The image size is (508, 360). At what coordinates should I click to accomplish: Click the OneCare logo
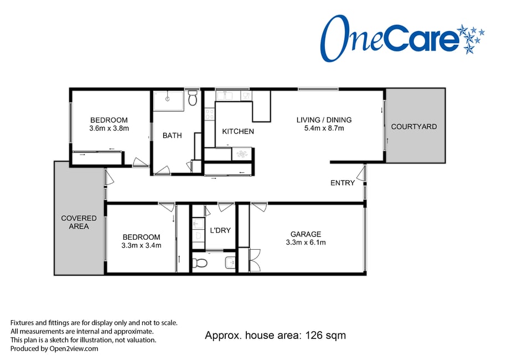pyautogui.click(x=402, y=38)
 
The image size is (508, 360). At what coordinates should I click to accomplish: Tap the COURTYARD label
pyautogui.click(x=414, y=126)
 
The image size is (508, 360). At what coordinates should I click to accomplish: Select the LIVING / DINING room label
pyautogui.click(x=324, y=120)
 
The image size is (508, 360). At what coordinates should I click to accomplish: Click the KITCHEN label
pyautogui.click(x=238, y=131)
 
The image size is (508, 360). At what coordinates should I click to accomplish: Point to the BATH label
pyautogui.click(x=172, y=135)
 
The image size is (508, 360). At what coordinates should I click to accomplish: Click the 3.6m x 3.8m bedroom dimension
pyautogui.click(x=109, y=128)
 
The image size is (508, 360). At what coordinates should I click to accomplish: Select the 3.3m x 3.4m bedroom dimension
pyautogui.click(x=141, y=245)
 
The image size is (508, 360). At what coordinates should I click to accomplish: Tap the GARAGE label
pyautogui.click(x=305, y=234)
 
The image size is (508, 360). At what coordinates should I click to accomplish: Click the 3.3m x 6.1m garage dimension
pyautogui.click(x=305, y=242)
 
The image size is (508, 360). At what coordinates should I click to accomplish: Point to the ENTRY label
pyautogui.click(x=343, y=183)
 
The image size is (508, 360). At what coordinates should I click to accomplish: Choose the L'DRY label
pyautogui.click(x=220, y=230)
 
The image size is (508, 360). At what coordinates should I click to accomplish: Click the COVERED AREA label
pyautogui.click(x=79, y=222)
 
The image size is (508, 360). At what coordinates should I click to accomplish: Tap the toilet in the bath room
pyautogui.click(x=193, y=98)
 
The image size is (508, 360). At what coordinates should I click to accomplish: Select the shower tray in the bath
pyautogui.click(x=168, y=101)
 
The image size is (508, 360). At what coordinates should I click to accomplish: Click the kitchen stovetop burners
pyautogui.click(x=210, y=114)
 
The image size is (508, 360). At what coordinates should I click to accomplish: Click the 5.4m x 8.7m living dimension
pyautogui.click(x=324, y=128)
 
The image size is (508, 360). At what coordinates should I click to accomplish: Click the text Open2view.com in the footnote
pyautogui.click(x=74, y=349)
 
